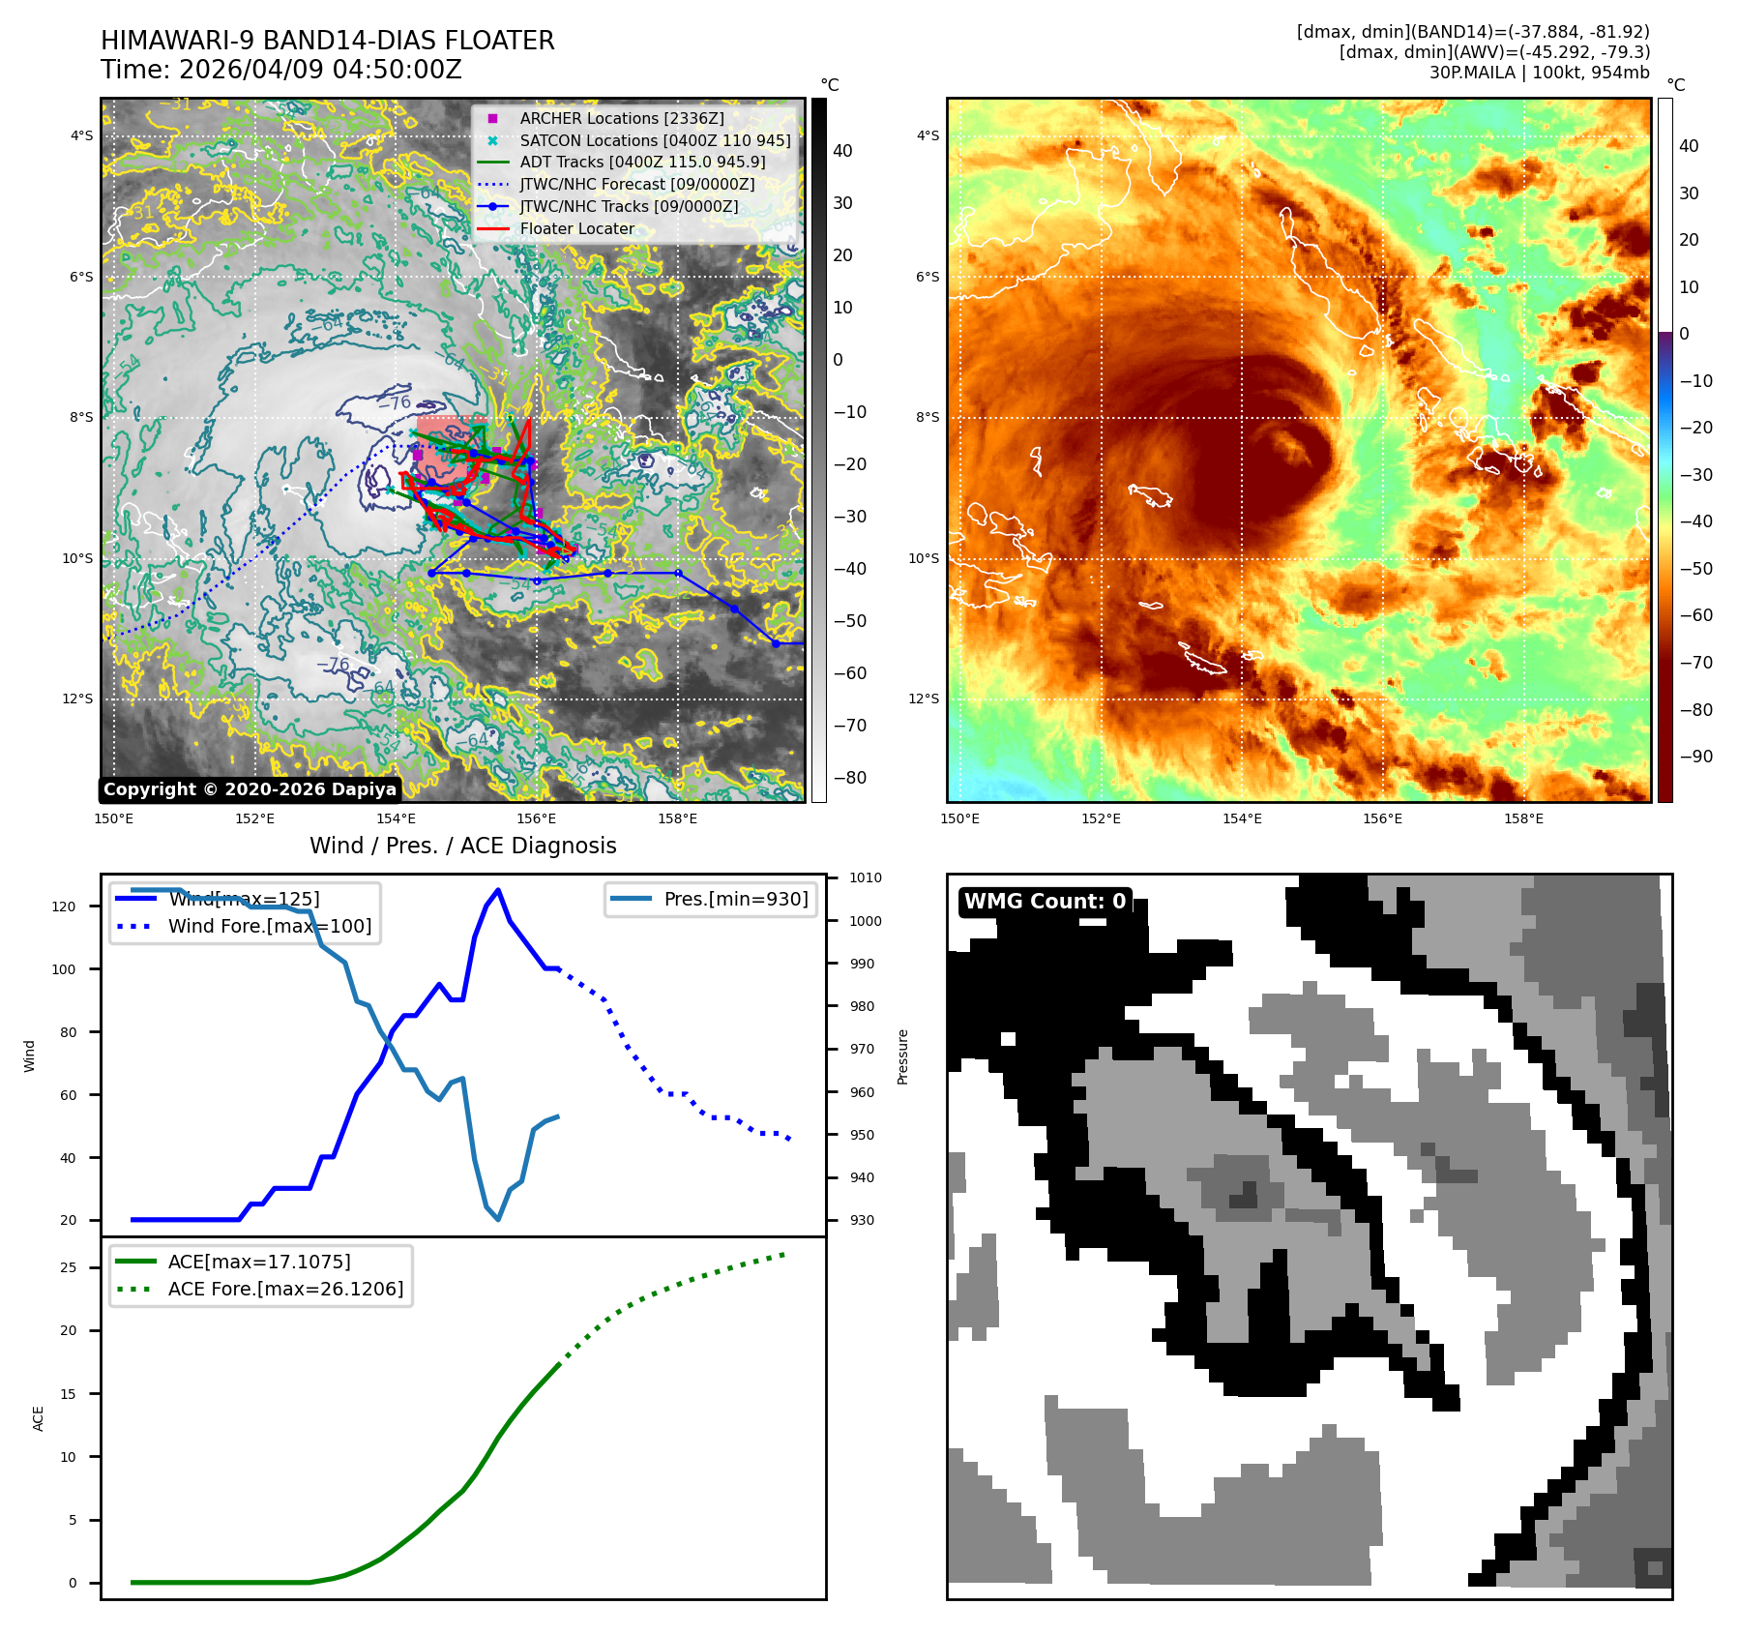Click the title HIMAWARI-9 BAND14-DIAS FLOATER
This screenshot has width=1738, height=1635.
[327, 41]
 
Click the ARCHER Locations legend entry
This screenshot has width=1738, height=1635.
[621, 118]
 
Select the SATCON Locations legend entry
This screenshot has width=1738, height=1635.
[655, 140]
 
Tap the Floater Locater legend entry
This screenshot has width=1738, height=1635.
[576, 228]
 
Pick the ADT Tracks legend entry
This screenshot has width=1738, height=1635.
[642, 163]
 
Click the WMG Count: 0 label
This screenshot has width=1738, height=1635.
[1045, 902]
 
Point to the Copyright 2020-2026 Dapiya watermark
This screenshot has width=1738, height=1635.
[250, 789]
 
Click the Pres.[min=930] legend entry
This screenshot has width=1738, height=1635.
[735, 899]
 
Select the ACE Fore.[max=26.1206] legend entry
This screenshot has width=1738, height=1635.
[285, 1289]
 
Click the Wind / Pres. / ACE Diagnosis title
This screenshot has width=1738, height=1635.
[462, 846]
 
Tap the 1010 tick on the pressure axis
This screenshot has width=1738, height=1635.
[866, 878]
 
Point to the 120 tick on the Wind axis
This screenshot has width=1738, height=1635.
[64, 907]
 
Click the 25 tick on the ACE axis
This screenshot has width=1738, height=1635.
[69, 1267]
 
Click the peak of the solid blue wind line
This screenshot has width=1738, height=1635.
[498, 890]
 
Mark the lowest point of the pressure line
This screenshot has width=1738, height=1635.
[498, 1219]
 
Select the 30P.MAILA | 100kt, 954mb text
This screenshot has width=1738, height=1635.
[1539, 73]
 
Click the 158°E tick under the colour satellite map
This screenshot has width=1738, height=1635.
[1523, 818]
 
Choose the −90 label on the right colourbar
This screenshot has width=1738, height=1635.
[1695, 757]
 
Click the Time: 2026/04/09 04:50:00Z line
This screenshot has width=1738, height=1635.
[280, 70]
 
